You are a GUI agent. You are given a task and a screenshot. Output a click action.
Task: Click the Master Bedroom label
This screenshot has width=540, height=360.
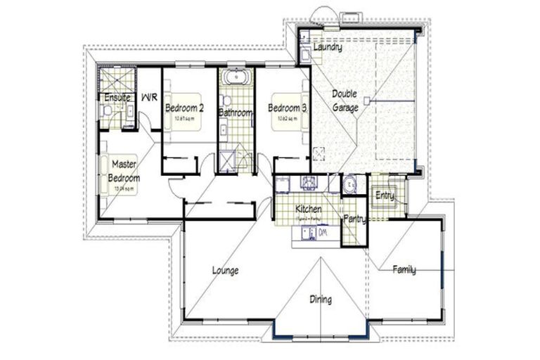point(126,171)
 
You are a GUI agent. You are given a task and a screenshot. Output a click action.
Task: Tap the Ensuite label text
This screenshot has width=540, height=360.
point(117,98)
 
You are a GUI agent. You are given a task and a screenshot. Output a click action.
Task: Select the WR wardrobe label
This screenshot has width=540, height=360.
point(149,98)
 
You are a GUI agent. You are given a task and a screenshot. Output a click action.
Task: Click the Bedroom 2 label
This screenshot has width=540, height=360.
point(184,108)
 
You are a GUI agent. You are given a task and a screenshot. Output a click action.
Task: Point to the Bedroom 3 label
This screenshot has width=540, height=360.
point(287,108)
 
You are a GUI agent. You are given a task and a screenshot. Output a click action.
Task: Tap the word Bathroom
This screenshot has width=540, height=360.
point(235,112)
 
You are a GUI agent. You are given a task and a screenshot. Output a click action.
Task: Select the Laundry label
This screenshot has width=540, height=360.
point(327,49)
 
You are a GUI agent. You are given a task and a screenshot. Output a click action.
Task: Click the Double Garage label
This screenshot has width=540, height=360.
point(345,101)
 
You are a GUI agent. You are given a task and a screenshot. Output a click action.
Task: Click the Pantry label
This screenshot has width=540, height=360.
point(354,219)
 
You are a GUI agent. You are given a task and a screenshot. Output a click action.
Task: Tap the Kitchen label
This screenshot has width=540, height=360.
point(309,210)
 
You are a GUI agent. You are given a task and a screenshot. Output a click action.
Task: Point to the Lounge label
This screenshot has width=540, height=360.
point(226,270)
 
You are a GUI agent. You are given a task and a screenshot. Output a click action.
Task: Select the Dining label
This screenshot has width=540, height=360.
point(321,300)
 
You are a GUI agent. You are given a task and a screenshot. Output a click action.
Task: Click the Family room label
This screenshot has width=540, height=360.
point(404,269)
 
